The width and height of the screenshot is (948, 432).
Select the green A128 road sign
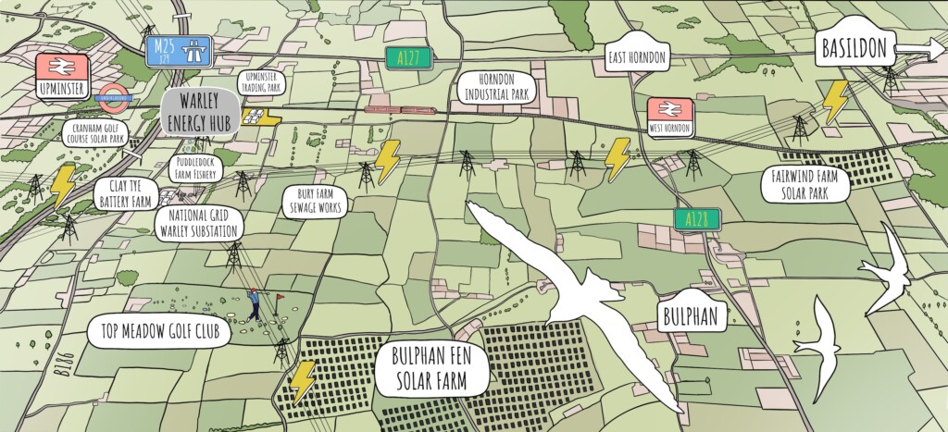point(697,219)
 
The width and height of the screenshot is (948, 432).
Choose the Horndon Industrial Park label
point(496,88)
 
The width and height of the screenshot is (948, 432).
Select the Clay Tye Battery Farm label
point(124,193)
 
